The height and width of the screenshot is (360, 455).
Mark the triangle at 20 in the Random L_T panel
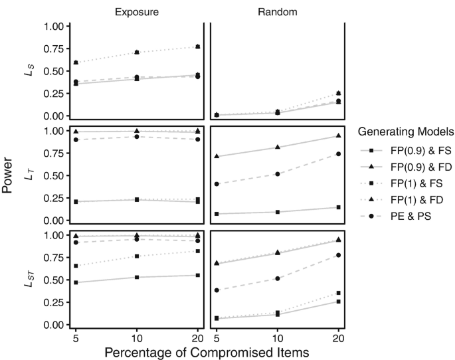(x=339, y=136)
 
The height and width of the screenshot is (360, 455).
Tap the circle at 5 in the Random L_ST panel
(x=217, y=290)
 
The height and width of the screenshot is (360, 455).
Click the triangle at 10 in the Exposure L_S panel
(x=136, y=52)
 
